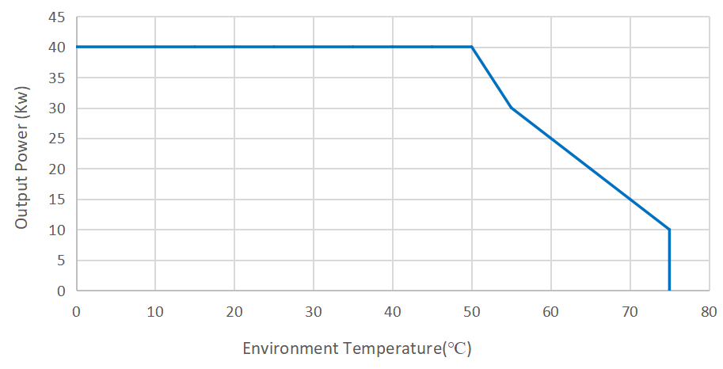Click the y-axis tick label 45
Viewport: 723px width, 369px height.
point(57,17)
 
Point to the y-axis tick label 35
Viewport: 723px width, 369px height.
point(57,78)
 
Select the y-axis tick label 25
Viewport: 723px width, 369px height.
point(57,139)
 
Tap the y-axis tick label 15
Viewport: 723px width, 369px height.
point(57,200)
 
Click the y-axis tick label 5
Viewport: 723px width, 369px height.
point(61,261)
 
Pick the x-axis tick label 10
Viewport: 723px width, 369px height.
point(155,311)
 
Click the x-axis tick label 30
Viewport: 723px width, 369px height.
point(314,311)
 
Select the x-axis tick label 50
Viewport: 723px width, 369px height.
point(472,311)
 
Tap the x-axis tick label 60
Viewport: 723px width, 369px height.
point(551,311)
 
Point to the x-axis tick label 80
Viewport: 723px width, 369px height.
point(709,311)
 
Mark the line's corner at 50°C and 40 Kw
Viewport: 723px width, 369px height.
point(472,47)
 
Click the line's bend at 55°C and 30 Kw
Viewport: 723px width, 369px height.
point(512,108)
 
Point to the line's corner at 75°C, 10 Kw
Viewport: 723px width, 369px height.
point(669,230)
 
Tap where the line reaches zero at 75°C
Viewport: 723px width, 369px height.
point(669,290)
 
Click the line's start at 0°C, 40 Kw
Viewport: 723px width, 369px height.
point(77,47)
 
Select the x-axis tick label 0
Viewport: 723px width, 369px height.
point(76,311)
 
